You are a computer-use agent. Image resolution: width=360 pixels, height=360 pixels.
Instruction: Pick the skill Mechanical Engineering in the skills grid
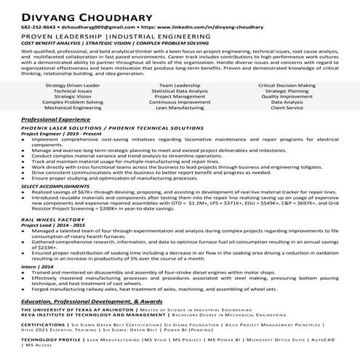[x=73, y=107]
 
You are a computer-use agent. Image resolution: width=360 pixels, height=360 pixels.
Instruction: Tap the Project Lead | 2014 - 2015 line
[x=47, y=224]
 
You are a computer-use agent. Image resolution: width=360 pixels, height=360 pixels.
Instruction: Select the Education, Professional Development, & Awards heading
[x=90, y=300]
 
